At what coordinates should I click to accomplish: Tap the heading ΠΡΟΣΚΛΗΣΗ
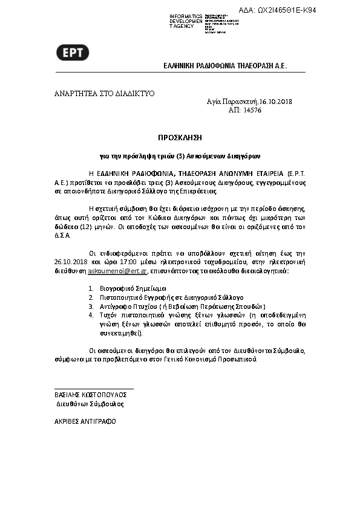(x=180, y=138)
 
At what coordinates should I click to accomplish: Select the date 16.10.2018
(x=275, y=102)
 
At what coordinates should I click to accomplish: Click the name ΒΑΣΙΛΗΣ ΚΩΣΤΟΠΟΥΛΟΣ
(x=94, y=394)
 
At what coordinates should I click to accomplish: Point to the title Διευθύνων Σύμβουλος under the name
(x=90, y=403)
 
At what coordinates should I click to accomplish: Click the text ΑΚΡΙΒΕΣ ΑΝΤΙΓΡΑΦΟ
(x=85, y=421)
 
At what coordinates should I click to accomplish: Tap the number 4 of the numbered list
(x=91, y=315)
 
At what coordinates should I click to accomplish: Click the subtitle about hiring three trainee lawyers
(x=180, y=155)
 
